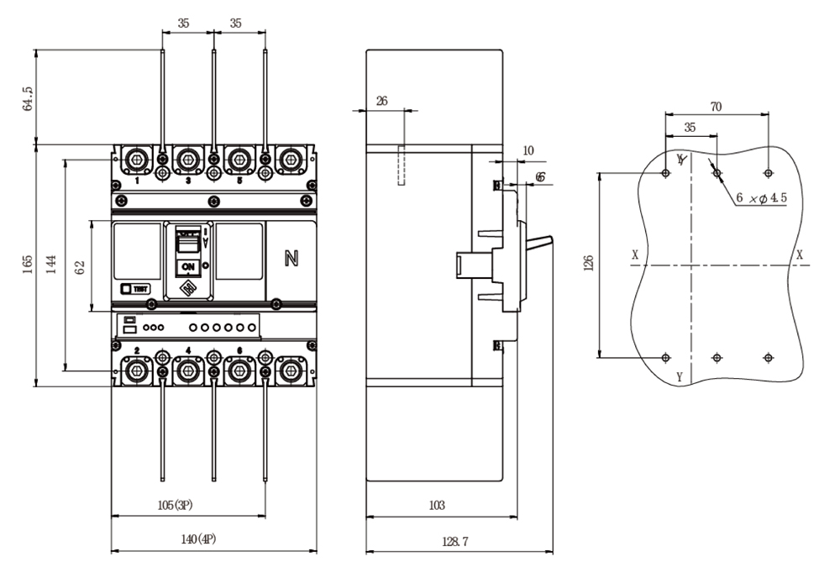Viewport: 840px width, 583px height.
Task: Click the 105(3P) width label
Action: (177, 505)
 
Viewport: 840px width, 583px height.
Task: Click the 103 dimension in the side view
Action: (437, 505)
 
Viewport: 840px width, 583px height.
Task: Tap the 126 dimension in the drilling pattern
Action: (587, 265)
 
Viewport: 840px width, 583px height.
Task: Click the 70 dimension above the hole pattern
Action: (716, 107)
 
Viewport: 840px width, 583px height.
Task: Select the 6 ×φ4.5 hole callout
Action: (761, 197)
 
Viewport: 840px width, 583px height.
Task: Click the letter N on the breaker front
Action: (291, 259)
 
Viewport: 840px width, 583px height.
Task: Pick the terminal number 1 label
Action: (137, 181)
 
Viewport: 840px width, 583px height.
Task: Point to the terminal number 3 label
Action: (187, 181)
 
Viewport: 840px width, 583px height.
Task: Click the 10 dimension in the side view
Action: (528, 150)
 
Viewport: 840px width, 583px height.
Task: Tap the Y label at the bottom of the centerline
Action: (679, 377)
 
